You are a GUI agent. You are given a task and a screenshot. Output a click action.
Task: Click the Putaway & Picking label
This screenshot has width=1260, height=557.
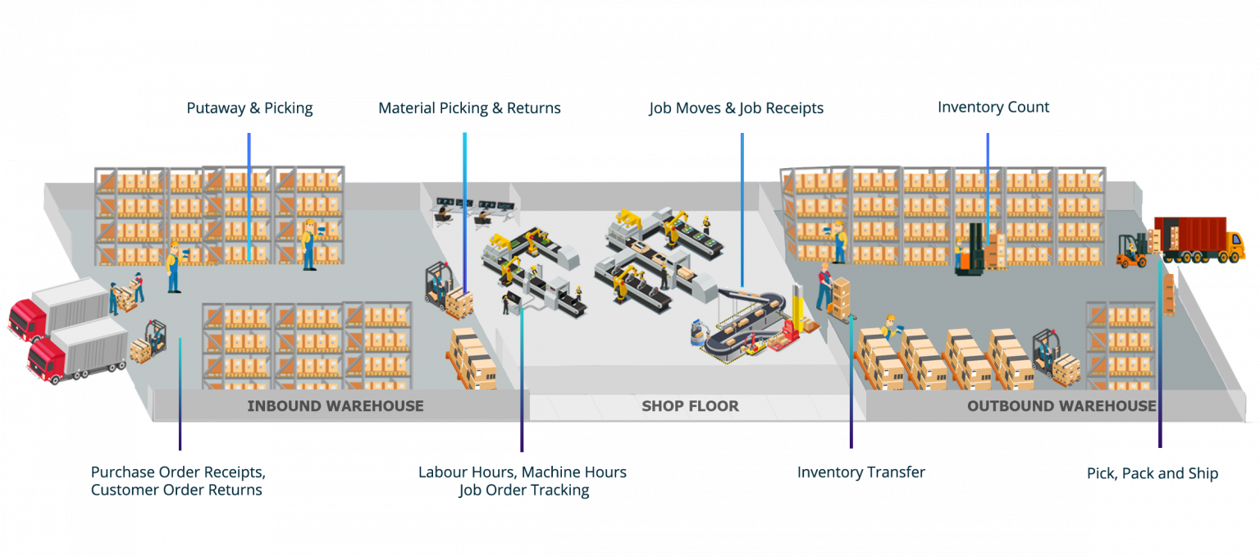click(x=249, y=108)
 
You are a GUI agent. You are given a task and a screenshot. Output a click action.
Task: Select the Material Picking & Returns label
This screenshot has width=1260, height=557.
click(x=469, y=108)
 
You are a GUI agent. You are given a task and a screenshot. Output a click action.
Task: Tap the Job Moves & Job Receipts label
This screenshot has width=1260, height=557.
click(x=737, y=108)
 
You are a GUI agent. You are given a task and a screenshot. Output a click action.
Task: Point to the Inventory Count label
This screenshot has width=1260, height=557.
click(x=993, y=107)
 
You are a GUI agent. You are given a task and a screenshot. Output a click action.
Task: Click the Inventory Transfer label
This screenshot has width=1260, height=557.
click(x=861, y=473)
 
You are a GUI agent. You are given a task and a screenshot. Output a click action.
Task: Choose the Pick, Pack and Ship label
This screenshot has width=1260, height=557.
click(x=1152, y=473)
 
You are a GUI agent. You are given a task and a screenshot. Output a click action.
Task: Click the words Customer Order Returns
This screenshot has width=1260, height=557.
click(x=176, y=491)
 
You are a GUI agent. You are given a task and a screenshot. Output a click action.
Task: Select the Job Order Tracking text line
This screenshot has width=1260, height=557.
click(x=523, y=491)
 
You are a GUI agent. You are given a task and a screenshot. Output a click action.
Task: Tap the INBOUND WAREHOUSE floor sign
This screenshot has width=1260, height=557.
click(x=336, y=405)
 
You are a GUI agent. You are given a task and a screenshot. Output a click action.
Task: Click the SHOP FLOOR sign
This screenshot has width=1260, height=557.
click(x=690, y=405)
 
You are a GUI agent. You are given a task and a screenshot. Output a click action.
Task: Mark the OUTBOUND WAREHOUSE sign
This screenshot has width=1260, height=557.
click(x=1061, y=405)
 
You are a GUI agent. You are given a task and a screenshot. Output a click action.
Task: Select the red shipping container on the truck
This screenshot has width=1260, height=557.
click(x=1189, y=233)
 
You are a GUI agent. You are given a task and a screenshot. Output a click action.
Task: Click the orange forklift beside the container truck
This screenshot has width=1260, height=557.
click(x=1132, y=251)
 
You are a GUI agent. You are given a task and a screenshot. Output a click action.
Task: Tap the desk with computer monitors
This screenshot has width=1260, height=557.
click(x=476, y=212)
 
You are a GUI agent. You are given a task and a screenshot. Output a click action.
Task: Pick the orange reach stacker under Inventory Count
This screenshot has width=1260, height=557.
click(x=973, y=250)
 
